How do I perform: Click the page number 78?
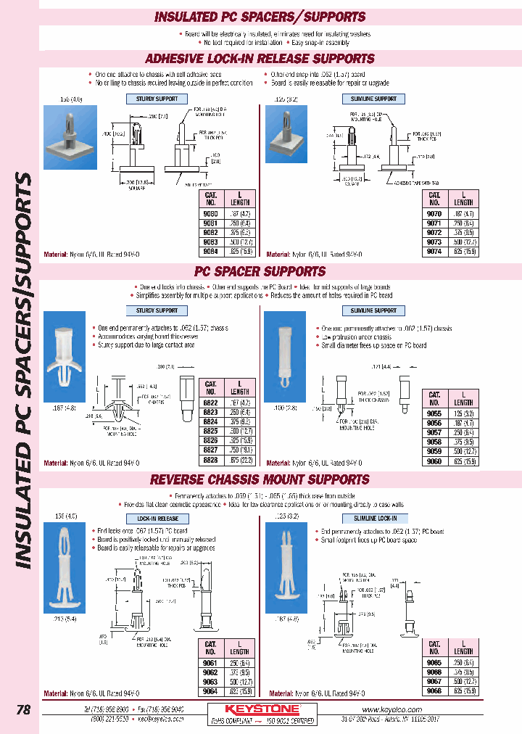tap(23, 710)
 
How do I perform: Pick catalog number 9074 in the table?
tap(434, 252)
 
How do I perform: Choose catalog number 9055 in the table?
tap(434, 413)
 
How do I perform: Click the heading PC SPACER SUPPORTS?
tap(260, 271)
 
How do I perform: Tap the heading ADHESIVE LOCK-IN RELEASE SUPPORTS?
tap(260, 59)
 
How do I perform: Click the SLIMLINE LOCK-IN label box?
tap(374, 519)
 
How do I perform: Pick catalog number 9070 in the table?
tap(434, 214)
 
